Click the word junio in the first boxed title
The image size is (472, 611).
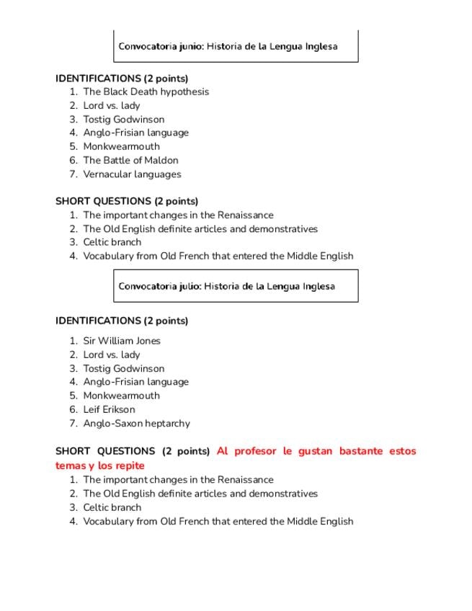(x=191, y=46)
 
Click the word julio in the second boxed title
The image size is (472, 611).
(x=190, y=286)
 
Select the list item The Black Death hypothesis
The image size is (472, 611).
(x=146, y=92)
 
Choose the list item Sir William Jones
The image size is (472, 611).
(x=121, y=341)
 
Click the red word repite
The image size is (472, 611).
(x=129, y=465)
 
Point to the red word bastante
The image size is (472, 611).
(x=357, y=451)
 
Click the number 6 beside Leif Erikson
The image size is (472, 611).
(x=73, y=409)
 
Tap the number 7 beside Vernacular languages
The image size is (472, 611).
(x=73, y=174)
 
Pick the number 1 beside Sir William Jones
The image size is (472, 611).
(x=73, y=341)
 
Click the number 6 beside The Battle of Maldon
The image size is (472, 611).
(x=73, y=160)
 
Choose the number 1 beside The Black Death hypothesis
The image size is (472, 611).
(x=73, y=92)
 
